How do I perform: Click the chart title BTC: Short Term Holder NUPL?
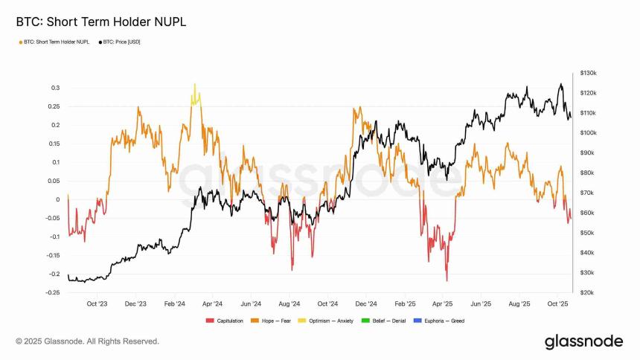coord(100,22)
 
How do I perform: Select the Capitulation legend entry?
coord(226,321)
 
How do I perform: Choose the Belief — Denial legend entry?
coord(391,321)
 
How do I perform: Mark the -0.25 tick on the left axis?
coord(52,292)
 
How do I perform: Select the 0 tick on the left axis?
coord(57,199)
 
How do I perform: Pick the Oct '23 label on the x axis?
coord(97,304)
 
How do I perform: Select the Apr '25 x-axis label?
coord(443,304)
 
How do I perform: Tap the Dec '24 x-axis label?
coord(365,304)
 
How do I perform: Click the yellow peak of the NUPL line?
coord(195,85)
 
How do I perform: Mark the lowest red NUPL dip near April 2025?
coord(447,280)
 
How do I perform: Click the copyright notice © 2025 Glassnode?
coord(88,341)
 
